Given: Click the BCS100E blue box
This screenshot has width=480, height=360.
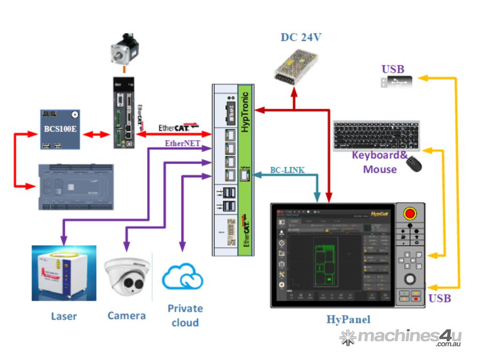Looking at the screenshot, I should (x=59, y=129).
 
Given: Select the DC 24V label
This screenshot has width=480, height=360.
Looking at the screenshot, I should (x=301, y=37).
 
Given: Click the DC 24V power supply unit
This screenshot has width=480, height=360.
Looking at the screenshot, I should (x=295, y=68).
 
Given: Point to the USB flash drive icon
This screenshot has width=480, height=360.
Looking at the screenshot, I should (x=397, y=82).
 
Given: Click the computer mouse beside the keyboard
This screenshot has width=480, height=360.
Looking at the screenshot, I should (x=414, y=164).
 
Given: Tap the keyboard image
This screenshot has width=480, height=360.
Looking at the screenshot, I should (x=376, y=135).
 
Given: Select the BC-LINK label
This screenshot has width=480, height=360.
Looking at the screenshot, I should (x=287, y=170).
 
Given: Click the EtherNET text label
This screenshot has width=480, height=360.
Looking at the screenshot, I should (x=182, y=143).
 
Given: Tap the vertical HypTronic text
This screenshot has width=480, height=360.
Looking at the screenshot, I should (x=245, y=112).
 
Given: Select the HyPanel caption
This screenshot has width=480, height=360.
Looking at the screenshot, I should (x=348, y=320).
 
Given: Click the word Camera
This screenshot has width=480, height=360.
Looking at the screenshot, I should (x=127, y=315).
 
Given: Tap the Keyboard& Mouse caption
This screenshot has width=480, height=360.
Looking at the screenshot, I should (x=380, y=162).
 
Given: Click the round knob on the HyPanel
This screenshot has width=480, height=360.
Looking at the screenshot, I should (x=410, y=279).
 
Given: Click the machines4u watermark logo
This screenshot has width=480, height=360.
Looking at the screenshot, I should (x=401, y=337).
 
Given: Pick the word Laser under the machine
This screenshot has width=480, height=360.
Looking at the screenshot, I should (x=64, y=316).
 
